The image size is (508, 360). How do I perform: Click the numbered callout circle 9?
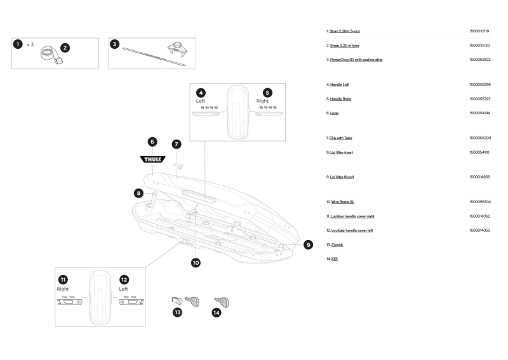tap(308, 244)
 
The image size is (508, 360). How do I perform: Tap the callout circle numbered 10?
tap(196, 262)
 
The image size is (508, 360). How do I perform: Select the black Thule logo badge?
tap(152, 159)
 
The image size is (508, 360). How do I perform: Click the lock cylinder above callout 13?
tap(177, 300)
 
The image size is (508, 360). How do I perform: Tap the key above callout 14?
tap(222, 302)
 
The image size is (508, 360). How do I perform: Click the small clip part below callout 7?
tap(179, 166)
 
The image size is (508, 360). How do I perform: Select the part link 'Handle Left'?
tap(340, 84)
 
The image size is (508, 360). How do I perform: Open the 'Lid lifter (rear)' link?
tap(342, 152)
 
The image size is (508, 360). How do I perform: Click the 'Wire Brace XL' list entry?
tap(342, 202)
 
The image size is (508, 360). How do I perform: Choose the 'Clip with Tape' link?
tap(340, 138)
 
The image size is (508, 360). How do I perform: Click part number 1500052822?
tap(480, 60)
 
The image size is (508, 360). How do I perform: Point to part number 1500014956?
tap(479, 177)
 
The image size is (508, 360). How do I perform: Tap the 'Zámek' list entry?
tap(337, 245)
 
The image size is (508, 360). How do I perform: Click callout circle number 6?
tap(152, 142)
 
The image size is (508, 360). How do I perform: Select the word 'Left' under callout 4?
tap(200, 101)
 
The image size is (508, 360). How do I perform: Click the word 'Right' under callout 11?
tap(62, 289)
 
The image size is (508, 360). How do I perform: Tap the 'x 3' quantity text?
tap(30, 44)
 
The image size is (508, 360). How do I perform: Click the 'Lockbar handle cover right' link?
tap(352, 216)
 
